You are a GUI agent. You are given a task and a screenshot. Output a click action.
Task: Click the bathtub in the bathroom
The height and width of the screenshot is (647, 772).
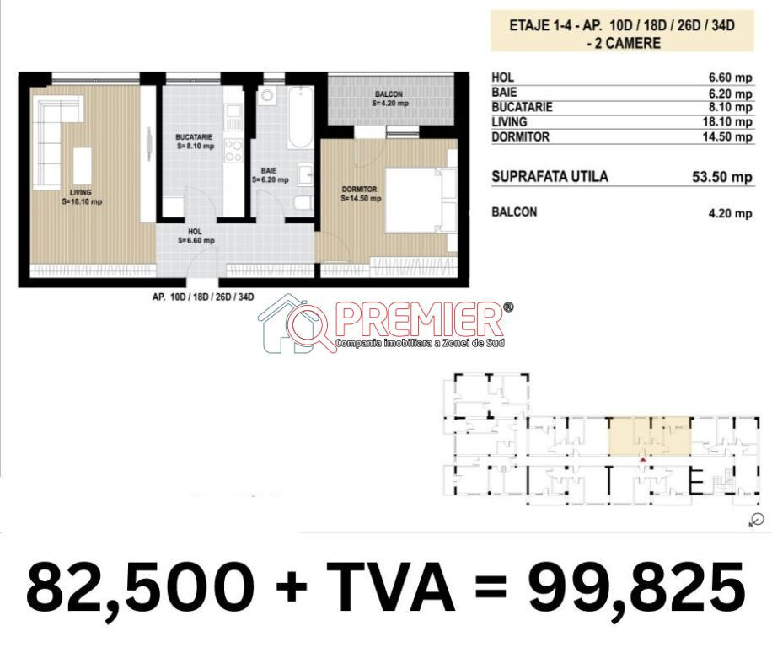[300, 118]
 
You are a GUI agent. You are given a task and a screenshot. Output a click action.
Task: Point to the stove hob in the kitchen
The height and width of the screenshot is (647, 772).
[233, 151]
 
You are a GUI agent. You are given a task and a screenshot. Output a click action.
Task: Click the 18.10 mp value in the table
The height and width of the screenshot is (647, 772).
[727, 121]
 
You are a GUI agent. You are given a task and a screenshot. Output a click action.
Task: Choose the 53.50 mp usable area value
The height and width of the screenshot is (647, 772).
[722, 177]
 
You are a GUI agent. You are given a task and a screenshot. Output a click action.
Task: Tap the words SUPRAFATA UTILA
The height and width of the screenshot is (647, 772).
[550, 176]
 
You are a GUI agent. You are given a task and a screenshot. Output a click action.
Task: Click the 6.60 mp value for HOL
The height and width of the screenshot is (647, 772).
[730, 78]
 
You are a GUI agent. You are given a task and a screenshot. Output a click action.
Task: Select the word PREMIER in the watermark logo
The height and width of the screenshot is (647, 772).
[421, 320]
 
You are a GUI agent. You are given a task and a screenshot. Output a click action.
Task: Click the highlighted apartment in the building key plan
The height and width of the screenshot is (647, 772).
[649, 436]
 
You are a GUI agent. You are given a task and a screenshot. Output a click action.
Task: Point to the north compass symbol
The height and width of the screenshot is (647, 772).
[758, 520]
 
